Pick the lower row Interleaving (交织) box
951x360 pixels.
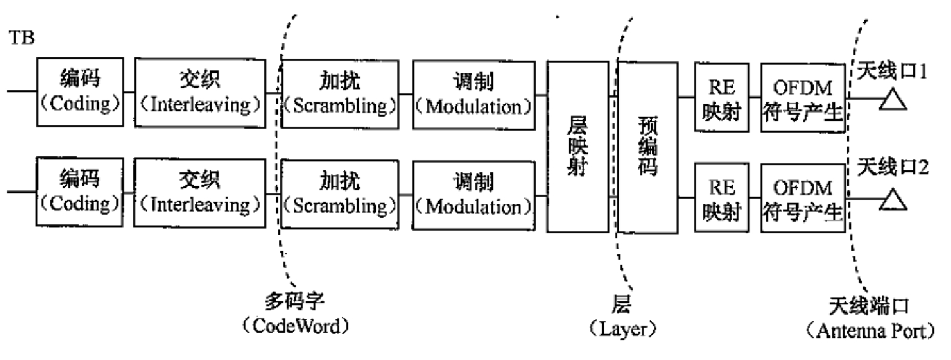(199, 192)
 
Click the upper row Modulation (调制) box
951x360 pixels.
(472, 94)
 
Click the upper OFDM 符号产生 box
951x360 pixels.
(802, 97)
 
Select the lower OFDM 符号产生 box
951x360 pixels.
(802, 198)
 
